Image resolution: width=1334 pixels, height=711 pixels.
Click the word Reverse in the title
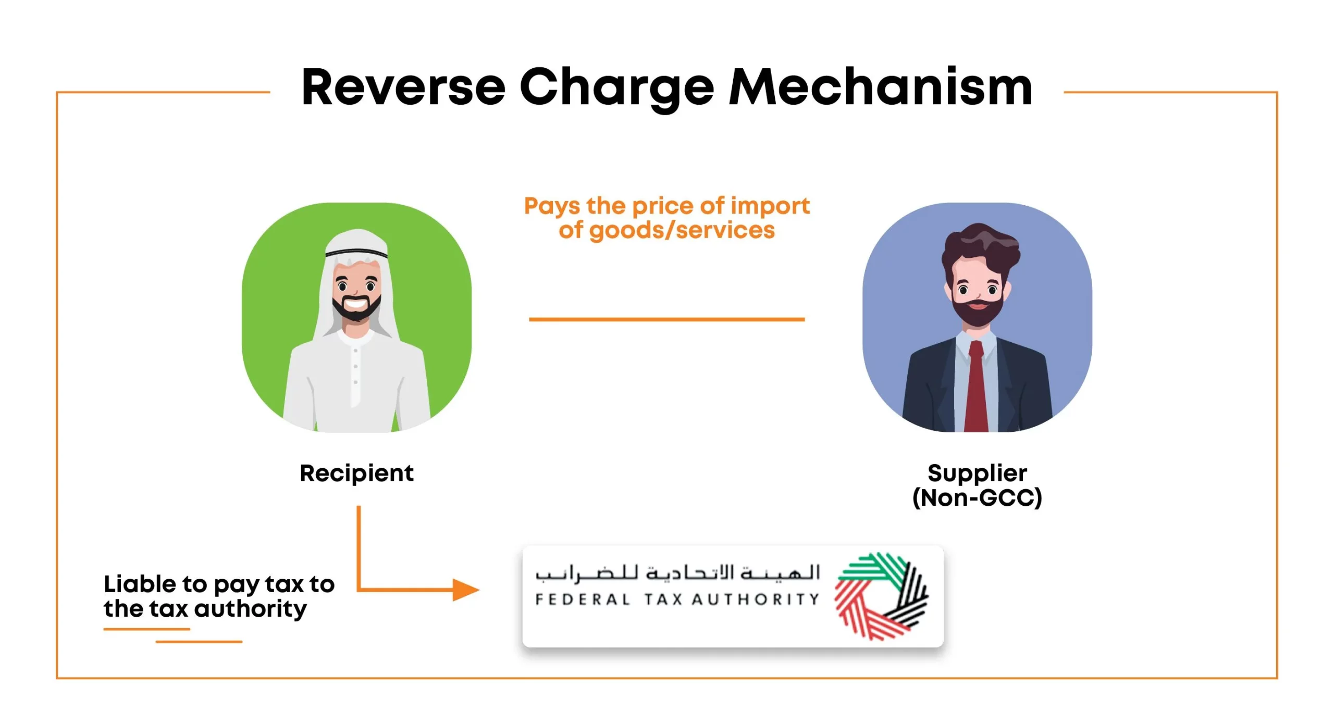point(403,87)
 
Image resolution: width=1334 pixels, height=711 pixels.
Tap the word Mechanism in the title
point(880,87)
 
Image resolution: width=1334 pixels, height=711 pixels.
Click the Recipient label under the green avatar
point(356,473)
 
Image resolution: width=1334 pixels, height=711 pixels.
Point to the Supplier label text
point(977,473)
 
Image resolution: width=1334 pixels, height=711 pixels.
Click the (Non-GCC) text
point(977,497)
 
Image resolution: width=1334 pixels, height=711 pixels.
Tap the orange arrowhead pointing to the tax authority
point(465,590)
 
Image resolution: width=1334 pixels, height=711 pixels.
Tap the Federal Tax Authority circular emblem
point(881,596)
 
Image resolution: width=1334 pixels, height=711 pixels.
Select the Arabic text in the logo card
point(677,573)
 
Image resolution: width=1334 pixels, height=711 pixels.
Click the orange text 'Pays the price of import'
point(667,206)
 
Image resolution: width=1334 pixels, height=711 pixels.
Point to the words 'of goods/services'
point(667,230)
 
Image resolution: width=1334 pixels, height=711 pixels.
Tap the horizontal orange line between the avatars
point(667,319)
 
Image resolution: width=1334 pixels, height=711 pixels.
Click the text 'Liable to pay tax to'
point(219,584)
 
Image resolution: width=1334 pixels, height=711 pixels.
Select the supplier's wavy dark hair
point(980,245)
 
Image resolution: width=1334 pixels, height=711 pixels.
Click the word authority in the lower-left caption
point(251,609)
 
